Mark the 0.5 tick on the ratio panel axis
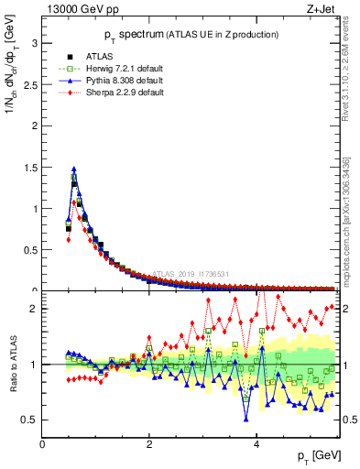coord(29,420)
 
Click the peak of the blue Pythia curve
coord(73,169)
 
